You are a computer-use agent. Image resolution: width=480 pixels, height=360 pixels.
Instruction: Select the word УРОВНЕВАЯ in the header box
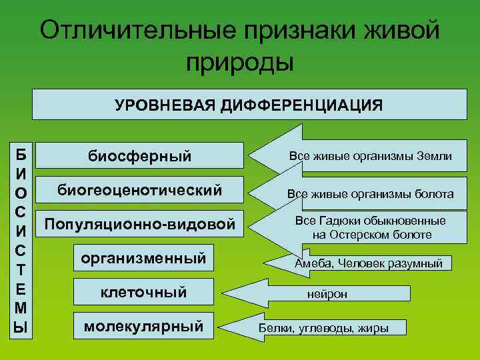point(159,105)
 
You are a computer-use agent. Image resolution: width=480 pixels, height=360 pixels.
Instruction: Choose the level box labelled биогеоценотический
point(139,191)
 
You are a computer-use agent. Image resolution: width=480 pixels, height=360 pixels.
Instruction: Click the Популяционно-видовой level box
point(139,225)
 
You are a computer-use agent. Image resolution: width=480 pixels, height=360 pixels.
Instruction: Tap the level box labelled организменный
point(143,259)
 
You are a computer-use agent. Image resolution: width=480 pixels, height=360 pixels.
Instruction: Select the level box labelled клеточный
point(143,292)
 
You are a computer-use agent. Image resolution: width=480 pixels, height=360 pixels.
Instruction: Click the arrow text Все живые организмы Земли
point(370,156)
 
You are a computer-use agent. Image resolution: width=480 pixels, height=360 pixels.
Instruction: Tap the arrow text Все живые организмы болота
point(370,194)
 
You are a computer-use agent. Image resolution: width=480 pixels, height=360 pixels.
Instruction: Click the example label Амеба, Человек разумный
point(369,263)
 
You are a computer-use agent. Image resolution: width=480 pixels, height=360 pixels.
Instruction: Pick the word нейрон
point(327,294)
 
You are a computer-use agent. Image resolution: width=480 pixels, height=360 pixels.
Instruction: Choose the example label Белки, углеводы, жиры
point(323,328)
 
